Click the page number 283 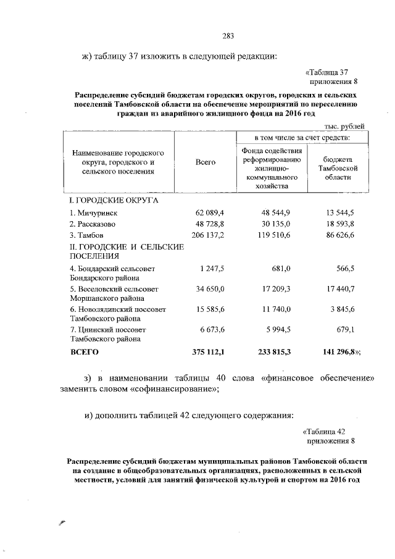tap(228, 35)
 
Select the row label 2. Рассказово tap(93, 224)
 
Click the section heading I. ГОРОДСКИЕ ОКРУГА tap(114, 201)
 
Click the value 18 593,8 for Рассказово tap(340, 224)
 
